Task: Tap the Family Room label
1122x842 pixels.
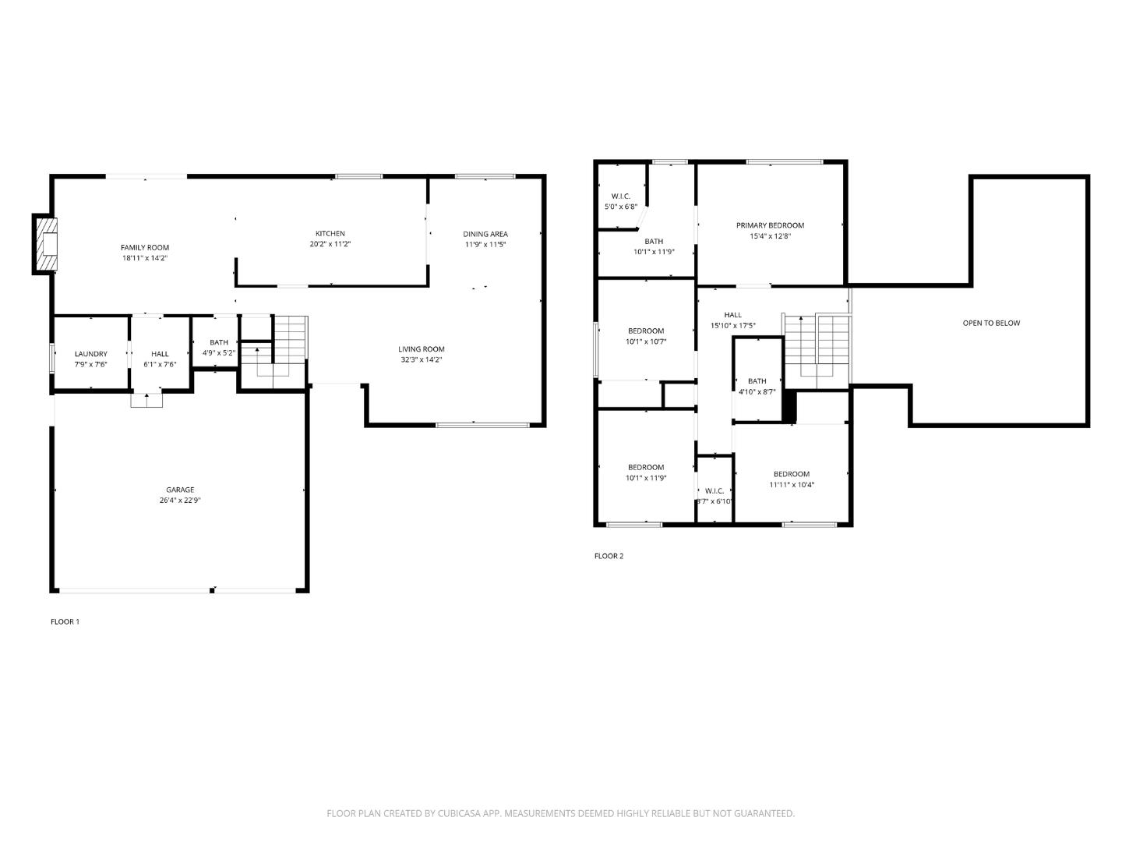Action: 144,248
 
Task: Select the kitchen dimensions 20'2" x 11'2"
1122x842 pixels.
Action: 330,244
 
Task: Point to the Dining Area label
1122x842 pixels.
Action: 485,234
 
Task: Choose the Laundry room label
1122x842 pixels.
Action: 90,354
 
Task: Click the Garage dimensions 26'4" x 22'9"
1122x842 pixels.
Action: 180,501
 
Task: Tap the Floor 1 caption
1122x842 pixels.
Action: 65,621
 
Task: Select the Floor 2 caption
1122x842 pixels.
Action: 609,556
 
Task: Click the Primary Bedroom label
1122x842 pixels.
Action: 770,225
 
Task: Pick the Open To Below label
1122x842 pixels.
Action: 991,323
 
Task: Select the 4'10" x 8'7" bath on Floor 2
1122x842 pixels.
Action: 757,387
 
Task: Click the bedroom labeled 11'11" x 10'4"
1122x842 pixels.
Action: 791,479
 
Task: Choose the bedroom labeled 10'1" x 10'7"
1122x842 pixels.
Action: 646,336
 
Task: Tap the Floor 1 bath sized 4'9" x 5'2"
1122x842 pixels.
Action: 219,347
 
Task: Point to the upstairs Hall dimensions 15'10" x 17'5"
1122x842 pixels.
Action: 732,326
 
